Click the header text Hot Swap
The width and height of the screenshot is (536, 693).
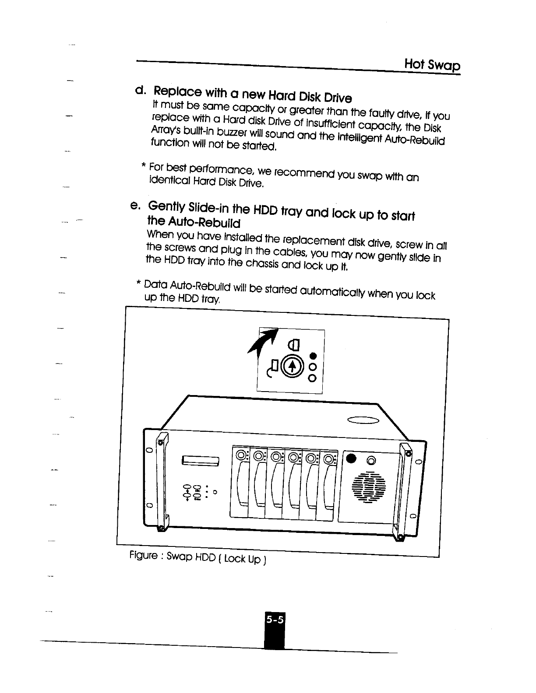click(432, 65)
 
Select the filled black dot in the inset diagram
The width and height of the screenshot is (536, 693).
click(313, 355)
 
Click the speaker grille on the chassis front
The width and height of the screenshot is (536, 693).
click(369, 487)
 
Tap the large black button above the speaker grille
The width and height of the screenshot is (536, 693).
click(351, 458)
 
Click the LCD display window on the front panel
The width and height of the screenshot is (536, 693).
click(200, 460)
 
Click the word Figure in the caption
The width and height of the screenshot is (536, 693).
click(143, 556)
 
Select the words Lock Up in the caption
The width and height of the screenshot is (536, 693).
click(242, 559)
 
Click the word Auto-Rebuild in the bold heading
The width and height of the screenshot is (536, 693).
click(194, 222)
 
